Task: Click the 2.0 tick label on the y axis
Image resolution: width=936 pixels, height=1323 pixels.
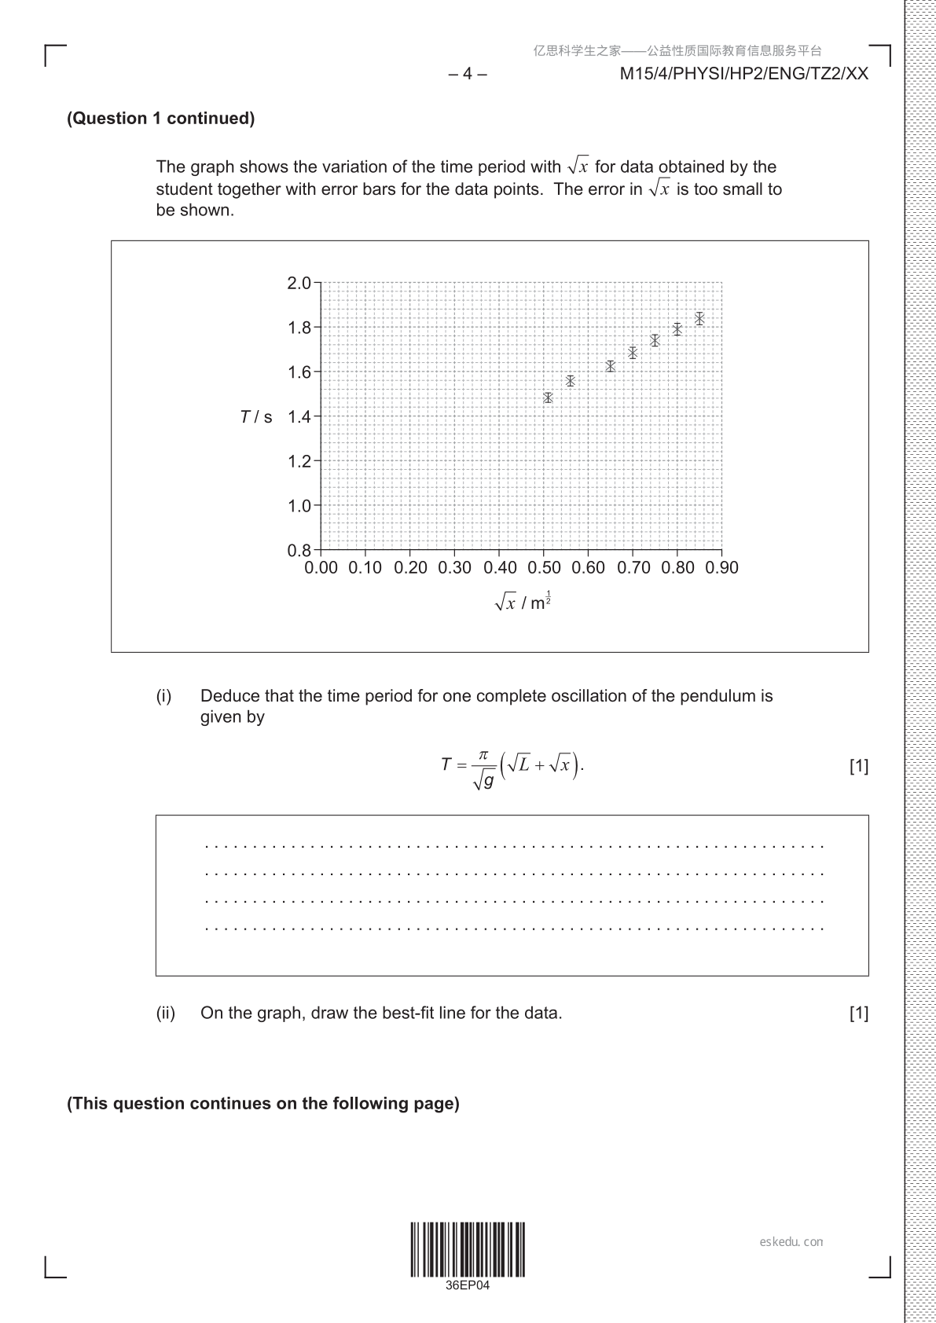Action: [299, 283]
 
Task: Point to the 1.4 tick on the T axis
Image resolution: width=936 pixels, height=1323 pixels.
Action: [299, 416]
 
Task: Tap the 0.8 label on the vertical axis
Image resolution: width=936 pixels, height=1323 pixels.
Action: [299, 550]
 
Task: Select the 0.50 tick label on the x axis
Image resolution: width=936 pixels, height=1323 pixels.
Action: [545, 567]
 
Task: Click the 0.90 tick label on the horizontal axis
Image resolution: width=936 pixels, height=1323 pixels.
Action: [721, 567]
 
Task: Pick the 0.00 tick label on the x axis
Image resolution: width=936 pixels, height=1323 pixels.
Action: [321, 567]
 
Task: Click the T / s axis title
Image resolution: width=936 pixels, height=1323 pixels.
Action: [256, 417]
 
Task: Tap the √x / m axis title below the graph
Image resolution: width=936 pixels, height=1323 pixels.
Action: [523, 602]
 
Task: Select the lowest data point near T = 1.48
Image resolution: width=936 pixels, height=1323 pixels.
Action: [548, 398]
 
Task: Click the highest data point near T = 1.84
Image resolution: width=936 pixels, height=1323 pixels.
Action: [699, 319]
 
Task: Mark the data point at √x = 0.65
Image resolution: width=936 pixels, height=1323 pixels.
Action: [610, 366]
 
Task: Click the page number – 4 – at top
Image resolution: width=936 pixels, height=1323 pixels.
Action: [468, 74]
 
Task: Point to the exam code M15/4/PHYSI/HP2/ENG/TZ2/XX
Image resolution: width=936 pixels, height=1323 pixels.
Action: [744, 74]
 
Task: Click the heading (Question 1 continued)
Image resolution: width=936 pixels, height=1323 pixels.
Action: [161, 119]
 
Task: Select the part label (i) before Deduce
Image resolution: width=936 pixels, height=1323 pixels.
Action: [163, 696]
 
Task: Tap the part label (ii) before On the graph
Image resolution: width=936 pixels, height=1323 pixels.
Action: [165, 1013]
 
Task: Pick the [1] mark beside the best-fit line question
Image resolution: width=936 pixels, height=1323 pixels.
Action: [858, 1013]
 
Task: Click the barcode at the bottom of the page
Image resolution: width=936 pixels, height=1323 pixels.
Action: [468, 1249]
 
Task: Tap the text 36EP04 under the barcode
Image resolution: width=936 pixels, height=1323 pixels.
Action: [468, 1286]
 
